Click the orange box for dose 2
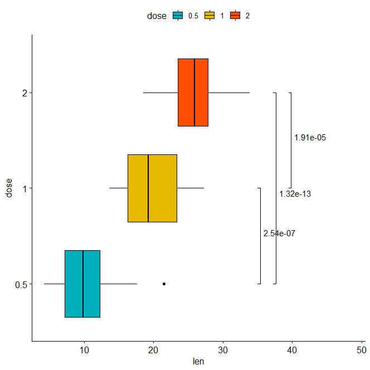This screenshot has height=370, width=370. tap(193, 93)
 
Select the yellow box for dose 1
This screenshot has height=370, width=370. tap(152, 188)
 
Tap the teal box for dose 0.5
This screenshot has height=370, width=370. tap(82, 284)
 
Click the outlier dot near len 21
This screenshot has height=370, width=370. tap(164, 284)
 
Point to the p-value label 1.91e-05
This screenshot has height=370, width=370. tap(310, 138)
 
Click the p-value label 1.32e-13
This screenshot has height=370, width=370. tap(295, 194)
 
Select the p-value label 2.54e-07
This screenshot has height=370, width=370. tap(279, 234)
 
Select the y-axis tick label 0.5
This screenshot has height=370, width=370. tap(21, 284)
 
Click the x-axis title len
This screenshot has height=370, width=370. tap(198, 362)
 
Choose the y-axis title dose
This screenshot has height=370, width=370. tap(8, 188)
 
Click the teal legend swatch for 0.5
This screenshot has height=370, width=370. tap(178, 16)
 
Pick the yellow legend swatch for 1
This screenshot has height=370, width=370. tap(210, 16)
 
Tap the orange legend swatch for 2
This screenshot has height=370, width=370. tap(235, 16)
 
